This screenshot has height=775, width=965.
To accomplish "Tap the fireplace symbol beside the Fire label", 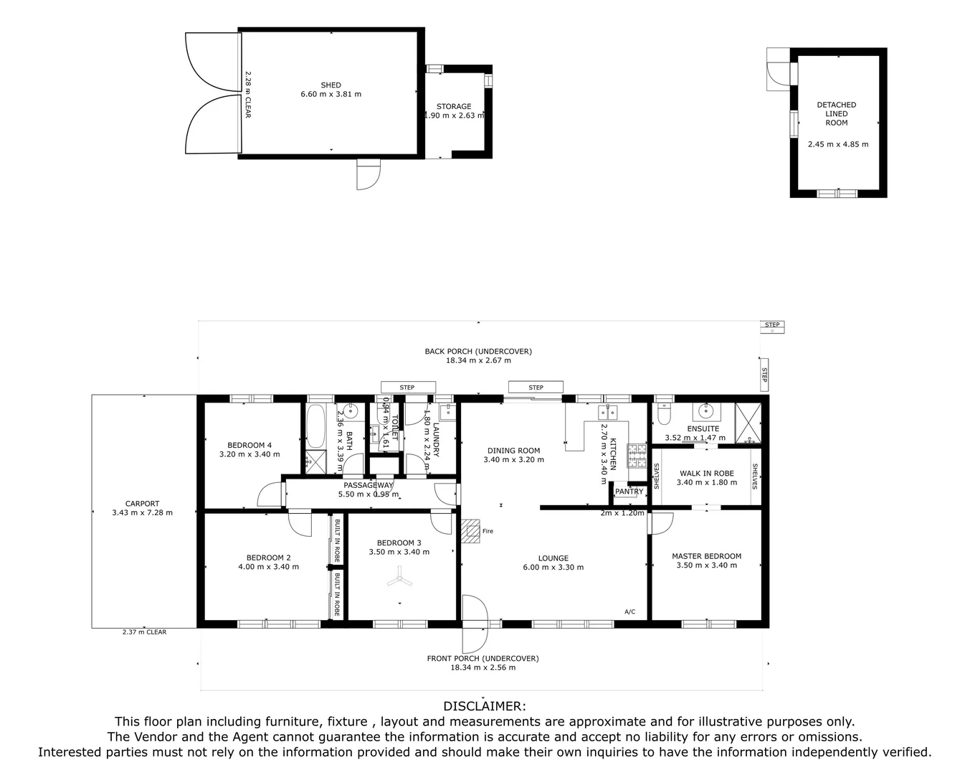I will tap(470, 530).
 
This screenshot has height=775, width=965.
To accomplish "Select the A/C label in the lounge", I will tap(629, 612).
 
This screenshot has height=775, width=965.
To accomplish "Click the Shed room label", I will tap(331, 85).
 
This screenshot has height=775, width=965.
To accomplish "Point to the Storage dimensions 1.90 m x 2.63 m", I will tap(455, 116).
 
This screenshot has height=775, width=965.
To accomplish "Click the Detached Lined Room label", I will tap(837, 113).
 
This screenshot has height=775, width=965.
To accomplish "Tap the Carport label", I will tap(142, 504).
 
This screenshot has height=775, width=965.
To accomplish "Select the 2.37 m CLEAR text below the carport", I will tap(144, 632).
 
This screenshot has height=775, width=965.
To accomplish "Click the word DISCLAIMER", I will tap(485, 706).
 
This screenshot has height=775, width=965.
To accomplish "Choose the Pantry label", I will tap(629, 492).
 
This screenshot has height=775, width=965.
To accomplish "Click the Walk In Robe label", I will tap(706, 474).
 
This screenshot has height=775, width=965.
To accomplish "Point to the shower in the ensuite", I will tap(747, 424).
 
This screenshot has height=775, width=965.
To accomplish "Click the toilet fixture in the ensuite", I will tap(663, 415).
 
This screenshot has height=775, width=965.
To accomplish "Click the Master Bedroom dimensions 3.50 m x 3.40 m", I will tap(706, 565).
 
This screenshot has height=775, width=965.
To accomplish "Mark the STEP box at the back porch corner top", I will tap(772, 325).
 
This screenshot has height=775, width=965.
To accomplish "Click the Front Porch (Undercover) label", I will tap(482, 658).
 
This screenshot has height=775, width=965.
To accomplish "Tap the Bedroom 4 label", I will tap(249, 445).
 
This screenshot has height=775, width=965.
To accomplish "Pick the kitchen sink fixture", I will tap(608, 411).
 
